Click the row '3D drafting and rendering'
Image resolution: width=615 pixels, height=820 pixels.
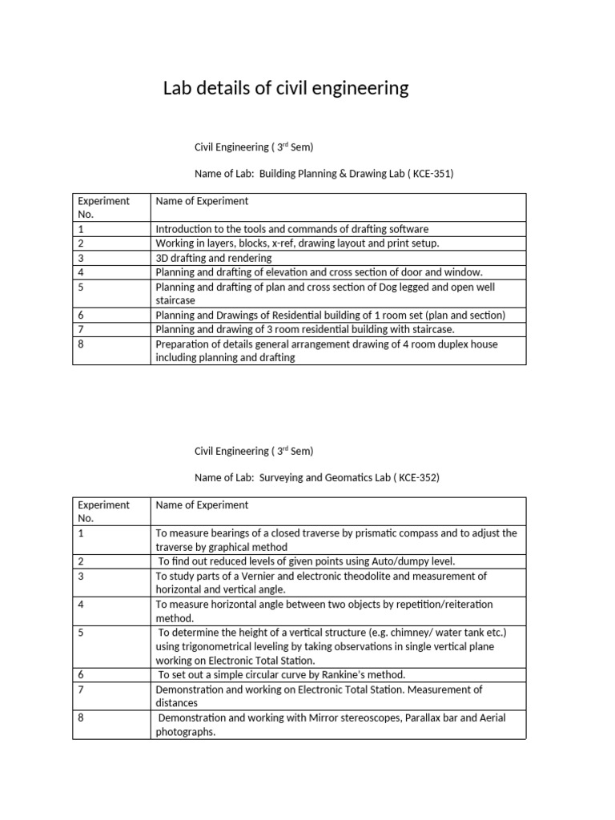[214, 258]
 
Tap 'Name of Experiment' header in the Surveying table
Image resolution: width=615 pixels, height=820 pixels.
[202, 505]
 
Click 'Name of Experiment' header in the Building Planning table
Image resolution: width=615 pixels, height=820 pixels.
[202, 201]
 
